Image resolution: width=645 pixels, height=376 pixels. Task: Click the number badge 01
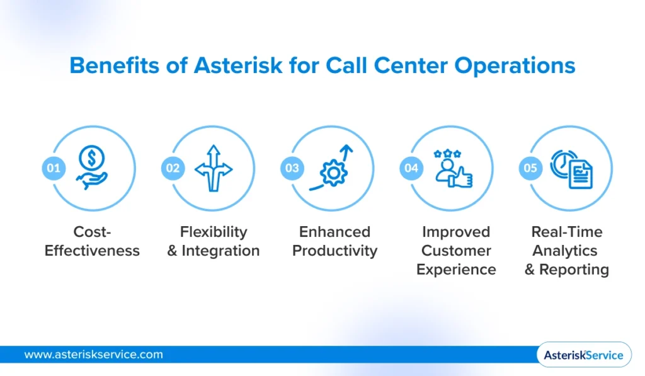[54, 168]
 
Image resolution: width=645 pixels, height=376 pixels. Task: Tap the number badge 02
[173, 168]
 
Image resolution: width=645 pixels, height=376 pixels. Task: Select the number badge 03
[292, 168]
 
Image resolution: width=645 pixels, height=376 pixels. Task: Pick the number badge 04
[411, 168]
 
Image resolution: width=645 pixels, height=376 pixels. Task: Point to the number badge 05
[530, 168]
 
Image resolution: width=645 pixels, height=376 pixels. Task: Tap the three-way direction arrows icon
[214, 168]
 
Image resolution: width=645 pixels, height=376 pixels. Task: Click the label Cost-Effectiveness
[92, 241]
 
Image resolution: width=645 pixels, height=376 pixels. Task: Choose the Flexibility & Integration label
[214, 241]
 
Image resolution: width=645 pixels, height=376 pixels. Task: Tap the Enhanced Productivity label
[334, 241]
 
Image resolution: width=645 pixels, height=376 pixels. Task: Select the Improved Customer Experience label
[456, 251]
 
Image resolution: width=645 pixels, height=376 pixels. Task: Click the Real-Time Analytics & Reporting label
[567, 251]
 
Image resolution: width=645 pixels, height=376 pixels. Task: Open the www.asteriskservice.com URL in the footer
[93, 355]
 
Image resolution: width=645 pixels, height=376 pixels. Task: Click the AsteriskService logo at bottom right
[583, 355]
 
